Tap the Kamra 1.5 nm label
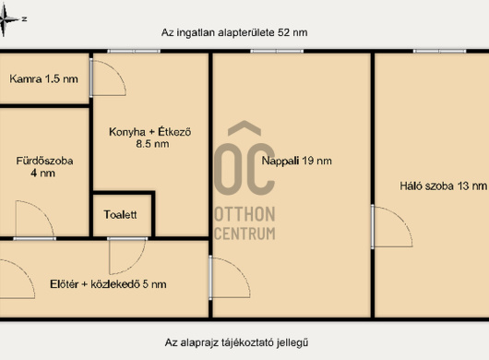click(43, 79)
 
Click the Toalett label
click(120, 215)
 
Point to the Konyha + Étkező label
click(150, 138)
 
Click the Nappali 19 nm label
click(296, 161)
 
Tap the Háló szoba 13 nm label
click(443, 186)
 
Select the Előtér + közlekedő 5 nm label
click(108, 284)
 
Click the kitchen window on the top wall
click(134, 51)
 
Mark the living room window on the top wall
click(277, 51)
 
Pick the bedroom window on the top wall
click(440, 51)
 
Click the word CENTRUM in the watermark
click(245, 234)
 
